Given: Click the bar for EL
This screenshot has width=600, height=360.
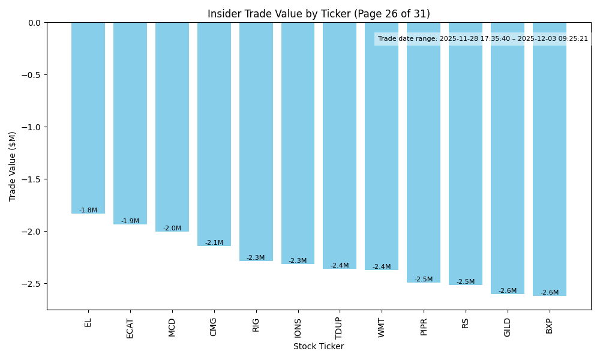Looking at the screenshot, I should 88,118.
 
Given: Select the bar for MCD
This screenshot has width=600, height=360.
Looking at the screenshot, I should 172,127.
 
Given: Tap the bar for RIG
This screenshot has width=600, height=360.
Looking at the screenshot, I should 256,142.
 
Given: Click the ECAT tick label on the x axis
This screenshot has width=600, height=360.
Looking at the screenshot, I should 130,328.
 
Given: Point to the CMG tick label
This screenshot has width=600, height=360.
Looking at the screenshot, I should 214,327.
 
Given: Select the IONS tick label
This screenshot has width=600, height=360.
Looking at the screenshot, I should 298,328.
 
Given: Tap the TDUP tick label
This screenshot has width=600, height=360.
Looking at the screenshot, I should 340,328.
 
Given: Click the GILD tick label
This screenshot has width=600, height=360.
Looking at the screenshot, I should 508,328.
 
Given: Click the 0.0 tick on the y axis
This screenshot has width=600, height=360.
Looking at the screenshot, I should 35,23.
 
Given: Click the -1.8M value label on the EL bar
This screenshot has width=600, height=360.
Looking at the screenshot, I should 88,211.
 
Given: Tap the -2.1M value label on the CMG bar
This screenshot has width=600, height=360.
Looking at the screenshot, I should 214,243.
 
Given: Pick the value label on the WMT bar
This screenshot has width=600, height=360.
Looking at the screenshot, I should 382,267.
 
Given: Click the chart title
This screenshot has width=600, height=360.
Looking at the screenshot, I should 319,14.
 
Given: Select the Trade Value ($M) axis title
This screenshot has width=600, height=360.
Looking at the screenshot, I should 13,166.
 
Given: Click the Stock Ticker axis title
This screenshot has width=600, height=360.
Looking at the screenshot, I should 319,347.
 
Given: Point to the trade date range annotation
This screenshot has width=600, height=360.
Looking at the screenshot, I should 483,39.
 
